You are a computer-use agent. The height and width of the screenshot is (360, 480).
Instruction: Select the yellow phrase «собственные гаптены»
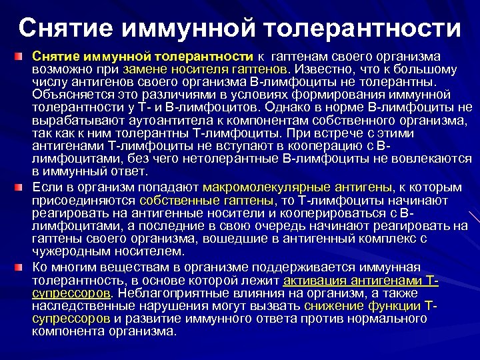[x=207, y=200]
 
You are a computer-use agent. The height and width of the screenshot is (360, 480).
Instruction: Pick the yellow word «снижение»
[x=331, y=305]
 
